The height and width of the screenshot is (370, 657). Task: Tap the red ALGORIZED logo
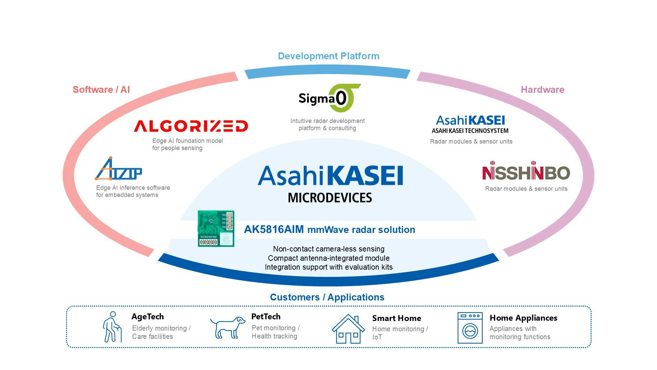191,126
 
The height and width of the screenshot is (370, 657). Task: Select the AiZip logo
118,169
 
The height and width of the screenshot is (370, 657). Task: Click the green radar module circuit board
216,229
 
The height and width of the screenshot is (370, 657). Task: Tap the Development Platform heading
328,56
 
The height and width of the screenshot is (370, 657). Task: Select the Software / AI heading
101,90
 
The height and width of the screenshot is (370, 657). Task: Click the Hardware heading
542,90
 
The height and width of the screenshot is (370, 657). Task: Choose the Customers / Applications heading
327,297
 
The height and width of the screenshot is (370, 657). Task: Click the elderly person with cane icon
112,327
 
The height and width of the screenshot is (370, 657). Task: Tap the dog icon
228,327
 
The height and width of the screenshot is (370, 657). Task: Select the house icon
348,329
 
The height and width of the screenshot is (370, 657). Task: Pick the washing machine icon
470,328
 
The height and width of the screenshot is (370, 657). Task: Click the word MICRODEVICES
330,198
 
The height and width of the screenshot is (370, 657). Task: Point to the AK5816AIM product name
274,230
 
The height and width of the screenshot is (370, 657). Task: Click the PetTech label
266,317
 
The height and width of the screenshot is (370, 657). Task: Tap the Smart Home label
397,318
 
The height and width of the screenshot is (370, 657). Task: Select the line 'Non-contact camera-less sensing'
329,249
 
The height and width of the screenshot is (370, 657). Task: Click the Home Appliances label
524,318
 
